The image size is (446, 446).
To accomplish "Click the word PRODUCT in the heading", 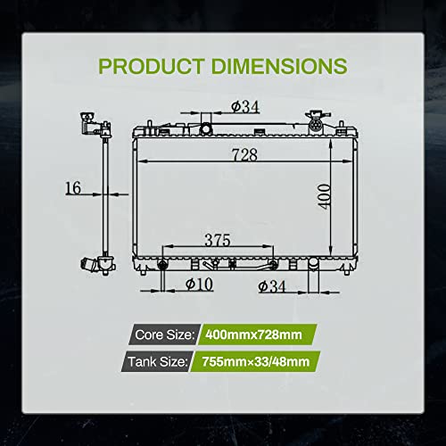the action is (x=152, y=66).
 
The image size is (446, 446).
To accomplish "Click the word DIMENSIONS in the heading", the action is (x=279, y=66).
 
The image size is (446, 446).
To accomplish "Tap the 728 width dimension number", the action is (x=244, y=154).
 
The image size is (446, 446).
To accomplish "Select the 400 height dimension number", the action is (x=324, y=196).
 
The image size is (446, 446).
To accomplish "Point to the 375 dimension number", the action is (x=218, y=240).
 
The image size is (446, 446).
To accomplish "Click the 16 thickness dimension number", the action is (x=73, y=188).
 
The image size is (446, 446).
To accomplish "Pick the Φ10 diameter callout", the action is (x=199, y=284).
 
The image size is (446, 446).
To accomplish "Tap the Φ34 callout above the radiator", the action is (x=245, y=107).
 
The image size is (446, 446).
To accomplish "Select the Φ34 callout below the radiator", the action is (x=272, y=286).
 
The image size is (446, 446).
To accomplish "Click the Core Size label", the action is (x=164, y=334).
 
